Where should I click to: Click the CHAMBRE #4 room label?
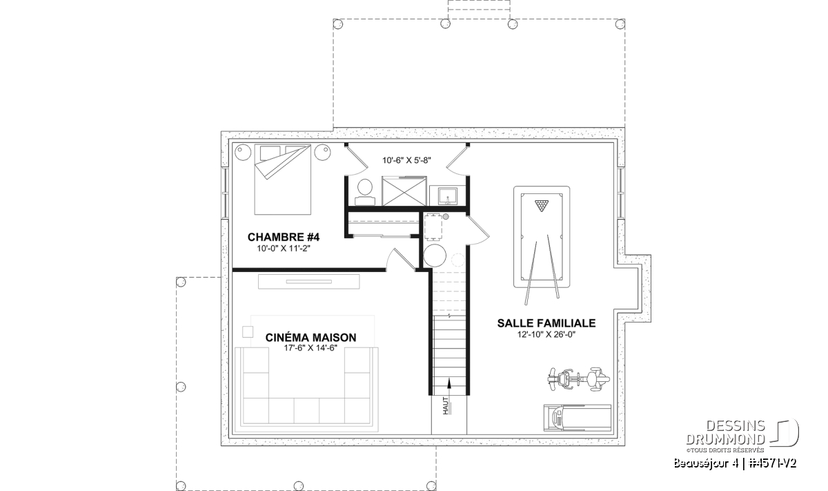(x=284, y=237)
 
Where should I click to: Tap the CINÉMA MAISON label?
(x=311, y=338)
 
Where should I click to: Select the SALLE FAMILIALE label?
(x=546, y=323)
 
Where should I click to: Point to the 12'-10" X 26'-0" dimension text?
(x=546, y=335)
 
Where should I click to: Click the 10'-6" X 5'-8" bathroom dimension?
(x=406, y=160)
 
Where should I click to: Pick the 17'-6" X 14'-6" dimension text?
(x=311, y=348)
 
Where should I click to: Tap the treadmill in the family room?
(x=577, y=418)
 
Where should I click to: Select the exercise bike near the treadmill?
(x=578, y=379)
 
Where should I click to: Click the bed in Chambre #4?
(x=282, y=179)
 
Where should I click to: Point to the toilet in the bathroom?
(x=365, y=192)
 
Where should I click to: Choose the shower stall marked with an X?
(x=404, y=191)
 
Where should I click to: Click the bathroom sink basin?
(x=447, y=195)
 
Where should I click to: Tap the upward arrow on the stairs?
(x=449, y=389)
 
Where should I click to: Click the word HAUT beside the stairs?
(x=446, y=405)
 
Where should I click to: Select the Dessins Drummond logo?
(x=742, y=436)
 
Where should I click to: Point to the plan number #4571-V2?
(x=773, y=463)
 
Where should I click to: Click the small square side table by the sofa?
(x=248, y=332)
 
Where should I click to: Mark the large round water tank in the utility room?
(x=435, y=256)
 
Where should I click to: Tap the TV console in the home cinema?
(x=308, y=282)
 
